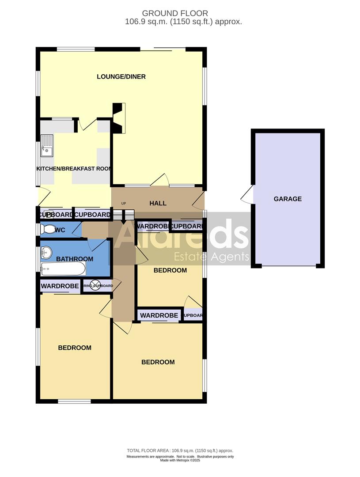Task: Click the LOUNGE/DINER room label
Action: point(121,77)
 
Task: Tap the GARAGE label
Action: point(288,199)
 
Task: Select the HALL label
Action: point(158,203)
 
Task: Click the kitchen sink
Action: point(47,146)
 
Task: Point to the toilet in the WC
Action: point(46,230)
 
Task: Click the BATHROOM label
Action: point(75,259)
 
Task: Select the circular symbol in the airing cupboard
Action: point(95,286)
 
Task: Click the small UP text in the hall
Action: point(124,204)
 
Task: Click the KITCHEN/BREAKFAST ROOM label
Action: point(74,169)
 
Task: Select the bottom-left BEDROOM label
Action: point(75,348)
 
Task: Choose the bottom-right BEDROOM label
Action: point(158,362)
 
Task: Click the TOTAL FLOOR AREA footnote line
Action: point(180,451)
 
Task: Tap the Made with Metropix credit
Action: point(180,460)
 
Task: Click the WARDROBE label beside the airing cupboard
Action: point(60,286)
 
